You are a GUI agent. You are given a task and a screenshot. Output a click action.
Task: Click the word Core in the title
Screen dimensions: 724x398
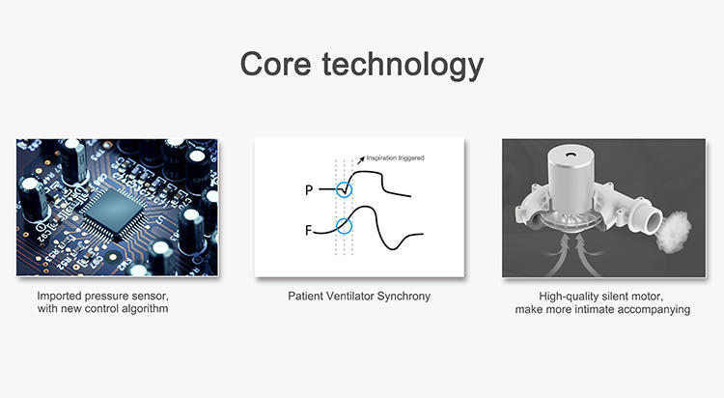coord(275,64)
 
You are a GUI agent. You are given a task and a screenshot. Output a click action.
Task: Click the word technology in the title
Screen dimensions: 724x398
coord(403,65)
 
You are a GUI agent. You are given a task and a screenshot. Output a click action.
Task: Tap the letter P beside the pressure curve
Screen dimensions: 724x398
coord(309,190)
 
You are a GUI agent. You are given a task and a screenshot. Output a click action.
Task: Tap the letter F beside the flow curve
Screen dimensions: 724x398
coord(309,230)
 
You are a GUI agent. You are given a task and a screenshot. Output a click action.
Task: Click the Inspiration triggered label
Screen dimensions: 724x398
coord(395,158)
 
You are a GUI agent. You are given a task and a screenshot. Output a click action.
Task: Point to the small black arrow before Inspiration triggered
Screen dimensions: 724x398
coord(361,159)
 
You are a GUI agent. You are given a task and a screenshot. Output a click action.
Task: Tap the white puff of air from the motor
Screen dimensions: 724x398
coord(675,231)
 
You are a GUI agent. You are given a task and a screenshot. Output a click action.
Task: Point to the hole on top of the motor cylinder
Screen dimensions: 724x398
coord(571,156)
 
